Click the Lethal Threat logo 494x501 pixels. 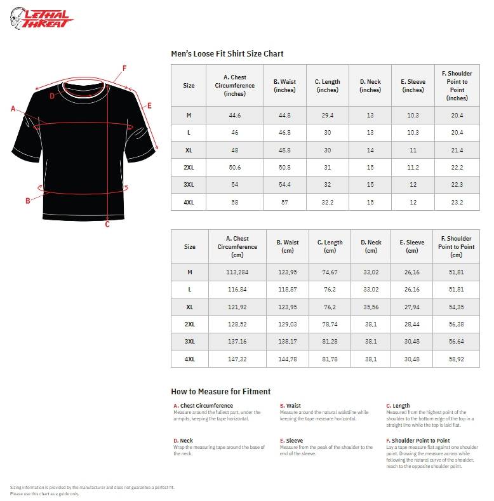click(x=41, y=18)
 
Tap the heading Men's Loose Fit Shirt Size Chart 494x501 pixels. click(x=227, y=54)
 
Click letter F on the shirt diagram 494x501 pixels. click(x=124, y=68)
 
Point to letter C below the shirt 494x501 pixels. click(x=107, y=224)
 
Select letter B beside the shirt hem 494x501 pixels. click(x=28, y=201)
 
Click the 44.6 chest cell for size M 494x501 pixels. click(x=235, y=115)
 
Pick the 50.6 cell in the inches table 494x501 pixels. click(x=235, y=167)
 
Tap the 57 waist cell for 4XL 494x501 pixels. click(x=284, y=202)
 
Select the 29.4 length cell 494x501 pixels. click(x=328, y=115)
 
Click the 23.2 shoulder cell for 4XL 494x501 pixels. click(x=457, y=202)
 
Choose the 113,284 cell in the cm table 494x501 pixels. click(x=237, y=272)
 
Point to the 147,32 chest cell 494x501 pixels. click(x=237, y=359)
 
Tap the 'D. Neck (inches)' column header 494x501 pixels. click(x=370, y=86)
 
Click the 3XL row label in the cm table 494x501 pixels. click(x=189, y=342)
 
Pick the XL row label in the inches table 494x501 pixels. click(x=189, y=150)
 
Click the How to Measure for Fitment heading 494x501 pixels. click(x=220, y=391)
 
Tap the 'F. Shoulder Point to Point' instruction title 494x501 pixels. click(x=418, y=441)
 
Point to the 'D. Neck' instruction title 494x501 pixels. click(x=184, y=441)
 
